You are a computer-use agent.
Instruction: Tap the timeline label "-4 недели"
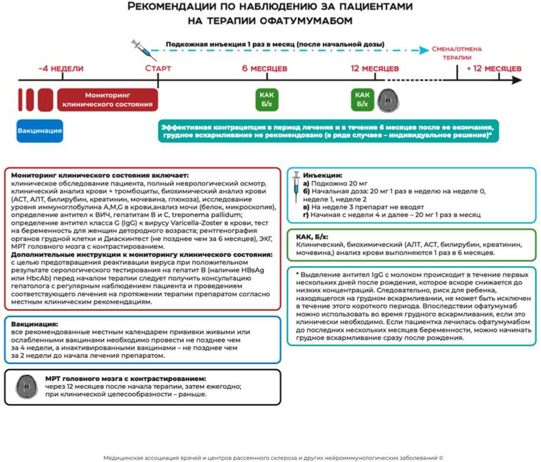pos(61,68)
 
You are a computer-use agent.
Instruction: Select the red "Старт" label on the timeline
pos(158,68)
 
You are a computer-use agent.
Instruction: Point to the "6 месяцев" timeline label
pos(265,68)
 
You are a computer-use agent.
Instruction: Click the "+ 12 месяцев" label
pos(494,68)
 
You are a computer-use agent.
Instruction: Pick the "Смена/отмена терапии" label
pos(457,54)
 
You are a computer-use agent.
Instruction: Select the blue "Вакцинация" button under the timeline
pos(40,130)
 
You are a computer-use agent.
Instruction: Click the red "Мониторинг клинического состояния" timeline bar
pos(107,99)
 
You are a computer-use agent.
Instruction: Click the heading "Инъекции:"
pos(322,176)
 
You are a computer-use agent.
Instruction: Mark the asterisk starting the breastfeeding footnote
pos(298,275)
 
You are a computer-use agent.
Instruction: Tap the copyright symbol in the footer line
pos(440,457)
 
